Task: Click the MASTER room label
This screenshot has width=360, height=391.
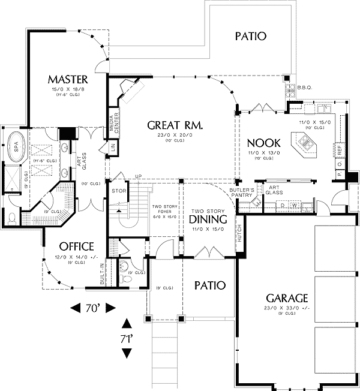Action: point(68,80)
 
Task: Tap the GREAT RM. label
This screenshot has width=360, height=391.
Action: point(175,125)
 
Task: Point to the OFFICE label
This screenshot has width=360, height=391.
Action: point(76,246)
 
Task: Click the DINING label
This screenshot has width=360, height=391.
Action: point(208,220)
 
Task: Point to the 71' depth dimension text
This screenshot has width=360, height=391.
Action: point(126,339)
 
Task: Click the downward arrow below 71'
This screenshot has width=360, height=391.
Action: point(126,353)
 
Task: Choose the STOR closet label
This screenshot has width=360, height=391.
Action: point(118,192)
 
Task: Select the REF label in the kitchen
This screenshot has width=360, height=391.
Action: point(339,148)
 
